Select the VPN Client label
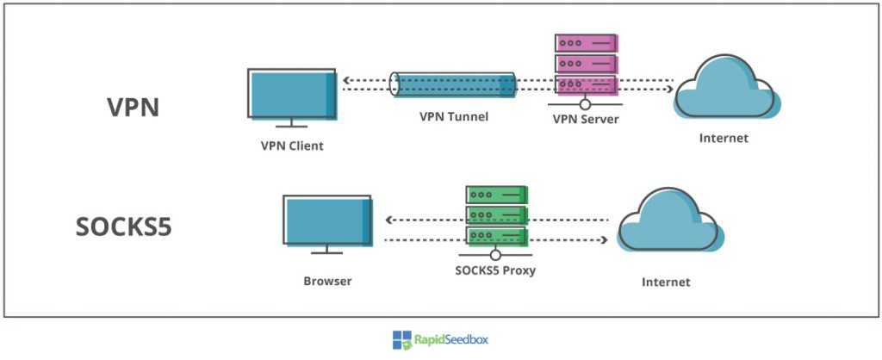pyautogui.click(x=292, y=146)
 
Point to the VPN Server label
pyautogui.click(x=585, y=119)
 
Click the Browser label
pyautogui.click(x=328, y=281)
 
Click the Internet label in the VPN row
pyautogui.click(x=724, y=138)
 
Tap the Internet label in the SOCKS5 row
pyautogui.click(x=666, y=281)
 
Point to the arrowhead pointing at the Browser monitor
pyautogui.click(x=386, y=220)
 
